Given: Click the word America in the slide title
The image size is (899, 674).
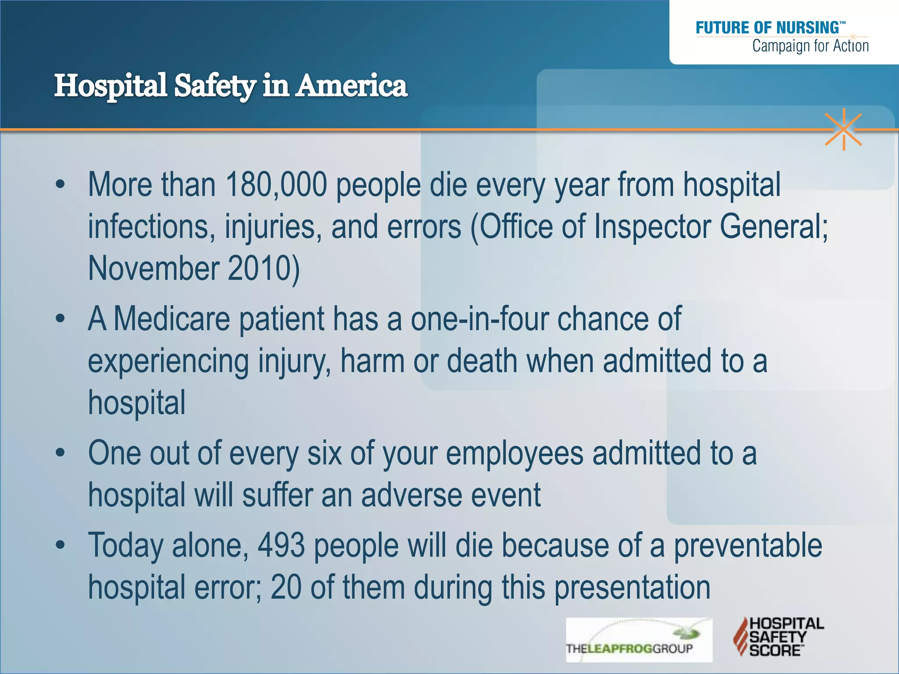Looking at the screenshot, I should tap(351, 86).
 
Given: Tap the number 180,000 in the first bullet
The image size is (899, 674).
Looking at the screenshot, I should tap(276, 185).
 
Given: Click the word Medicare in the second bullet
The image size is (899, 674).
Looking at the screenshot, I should tap(172, 319).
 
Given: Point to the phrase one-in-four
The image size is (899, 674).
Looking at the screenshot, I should tap(479, 319).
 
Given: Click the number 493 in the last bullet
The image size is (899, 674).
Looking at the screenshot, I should tap(281, 545).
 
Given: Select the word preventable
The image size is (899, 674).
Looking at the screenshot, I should tap(748, 545).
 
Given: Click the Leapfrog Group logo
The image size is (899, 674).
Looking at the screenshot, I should tap(639, 640).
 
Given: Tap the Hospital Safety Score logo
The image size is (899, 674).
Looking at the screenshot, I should tap(778, 637).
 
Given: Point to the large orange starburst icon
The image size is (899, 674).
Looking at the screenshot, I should tap(843, 130).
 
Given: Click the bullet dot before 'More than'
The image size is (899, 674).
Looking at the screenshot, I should tap(60, 185).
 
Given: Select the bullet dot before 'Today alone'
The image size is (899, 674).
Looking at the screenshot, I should tap(60, 545).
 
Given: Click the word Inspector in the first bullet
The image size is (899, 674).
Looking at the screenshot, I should tap(651, 226).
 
